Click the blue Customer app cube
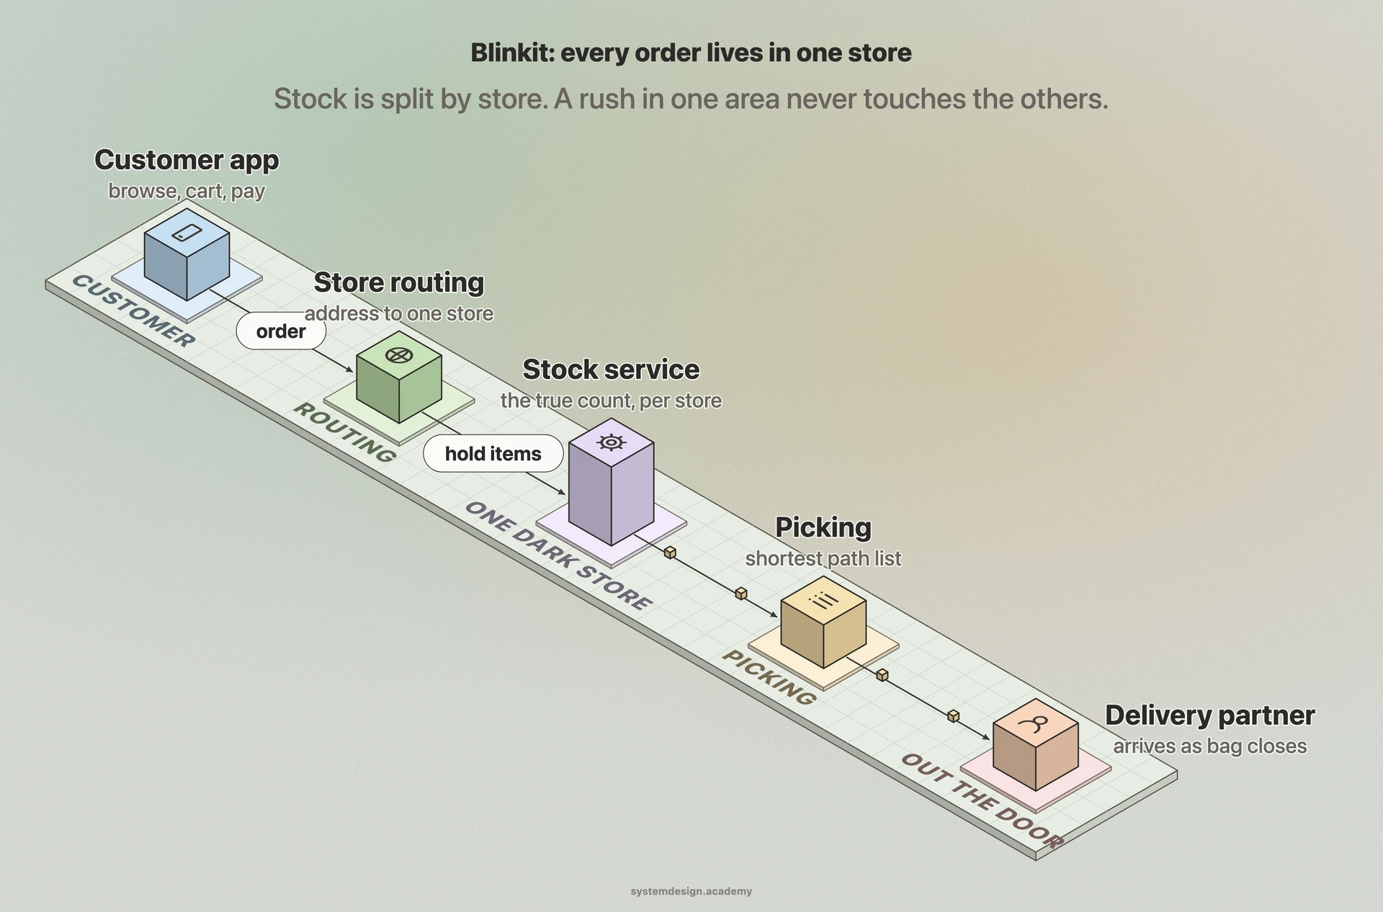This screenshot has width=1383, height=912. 187,254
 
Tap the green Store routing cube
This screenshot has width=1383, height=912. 399,377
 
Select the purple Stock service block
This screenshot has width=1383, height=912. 611,481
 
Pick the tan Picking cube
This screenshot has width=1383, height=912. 823,622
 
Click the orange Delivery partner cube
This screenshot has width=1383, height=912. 1035,744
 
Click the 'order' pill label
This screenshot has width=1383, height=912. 281,331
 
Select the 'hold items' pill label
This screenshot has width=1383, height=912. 493,454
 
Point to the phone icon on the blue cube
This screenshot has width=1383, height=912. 187,233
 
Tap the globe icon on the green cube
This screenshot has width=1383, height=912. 399,355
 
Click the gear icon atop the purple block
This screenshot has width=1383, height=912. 611,442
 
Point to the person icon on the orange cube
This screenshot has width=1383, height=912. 1036,723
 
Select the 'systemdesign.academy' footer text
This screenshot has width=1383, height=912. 691,891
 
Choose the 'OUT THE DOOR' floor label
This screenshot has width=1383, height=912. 982,801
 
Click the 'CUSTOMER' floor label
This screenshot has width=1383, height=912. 133,311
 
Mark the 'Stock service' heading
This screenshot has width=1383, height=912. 611,370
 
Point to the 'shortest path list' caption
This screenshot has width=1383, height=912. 823,559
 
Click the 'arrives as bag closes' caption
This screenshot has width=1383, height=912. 1210,746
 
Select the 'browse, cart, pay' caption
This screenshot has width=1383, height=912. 187,192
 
